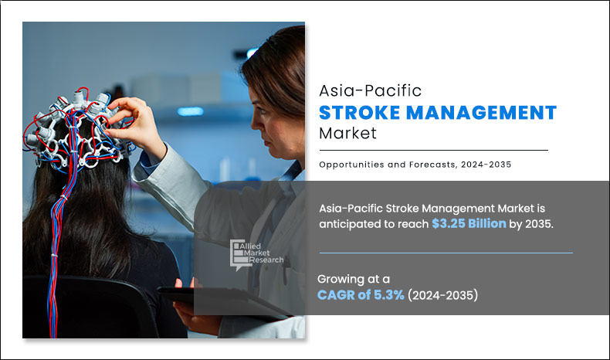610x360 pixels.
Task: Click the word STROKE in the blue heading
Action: click(360, 113)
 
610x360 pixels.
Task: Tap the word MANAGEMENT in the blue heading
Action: click(482, 113)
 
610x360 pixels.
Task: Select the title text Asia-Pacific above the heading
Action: click(371, 90)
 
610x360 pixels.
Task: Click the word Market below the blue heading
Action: click(347, 133)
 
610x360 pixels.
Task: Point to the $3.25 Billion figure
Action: click(469, 223)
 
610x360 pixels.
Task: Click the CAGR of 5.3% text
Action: click(361, 295)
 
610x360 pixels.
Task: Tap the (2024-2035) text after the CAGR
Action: click(442, 295)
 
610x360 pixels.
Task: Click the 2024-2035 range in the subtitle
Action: click(486, 165)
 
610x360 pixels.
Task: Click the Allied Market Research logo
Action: click(256, 254)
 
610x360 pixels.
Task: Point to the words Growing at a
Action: click(353, 279)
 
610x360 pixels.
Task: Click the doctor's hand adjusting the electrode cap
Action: click(134, 123)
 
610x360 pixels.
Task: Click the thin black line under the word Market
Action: click(433, 150)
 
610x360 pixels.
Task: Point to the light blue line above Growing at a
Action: click(446, 253)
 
